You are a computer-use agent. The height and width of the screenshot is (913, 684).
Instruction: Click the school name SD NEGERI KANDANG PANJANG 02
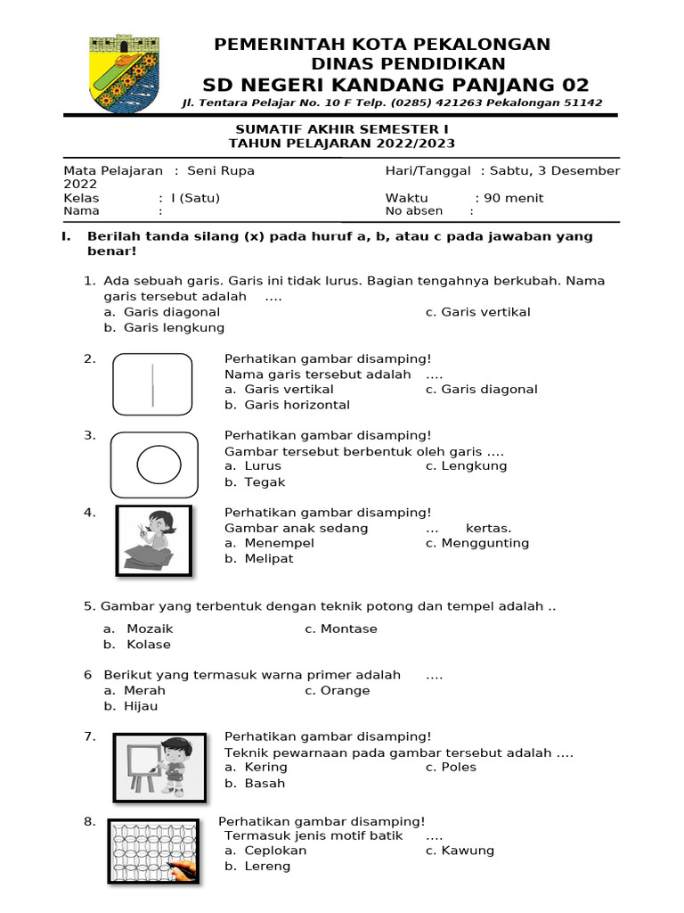click(395, 85)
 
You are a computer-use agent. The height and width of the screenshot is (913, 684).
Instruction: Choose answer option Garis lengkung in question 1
click(174, 328)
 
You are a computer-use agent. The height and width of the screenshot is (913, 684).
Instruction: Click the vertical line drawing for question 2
click(152, 384)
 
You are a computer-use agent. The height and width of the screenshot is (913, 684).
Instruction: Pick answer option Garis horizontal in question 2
click(297, 405)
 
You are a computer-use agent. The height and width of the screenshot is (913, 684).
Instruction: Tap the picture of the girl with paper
click(153, 540)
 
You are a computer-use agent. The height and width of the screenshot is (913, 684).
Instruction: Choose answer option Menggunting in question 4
click(484, 543)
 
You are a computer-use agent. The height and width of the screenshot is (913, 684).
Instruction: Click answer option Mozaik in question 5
click(149, 629)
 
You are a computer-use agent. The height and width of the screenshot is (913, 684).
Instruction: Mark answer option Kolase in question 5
click(148, 645)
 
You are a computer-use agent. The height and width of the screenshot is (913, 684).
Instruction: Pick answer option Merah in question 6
click(144, 691)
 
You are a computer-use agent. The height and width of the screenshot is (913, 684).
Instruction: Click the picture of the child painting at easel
click(159, 768)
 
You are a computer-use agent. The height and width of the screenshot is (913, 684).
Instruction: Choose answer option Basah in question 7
click(265, 784)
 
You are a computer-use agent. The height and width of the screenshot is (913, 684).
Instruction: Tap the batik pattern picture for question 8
click(153, 851)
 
